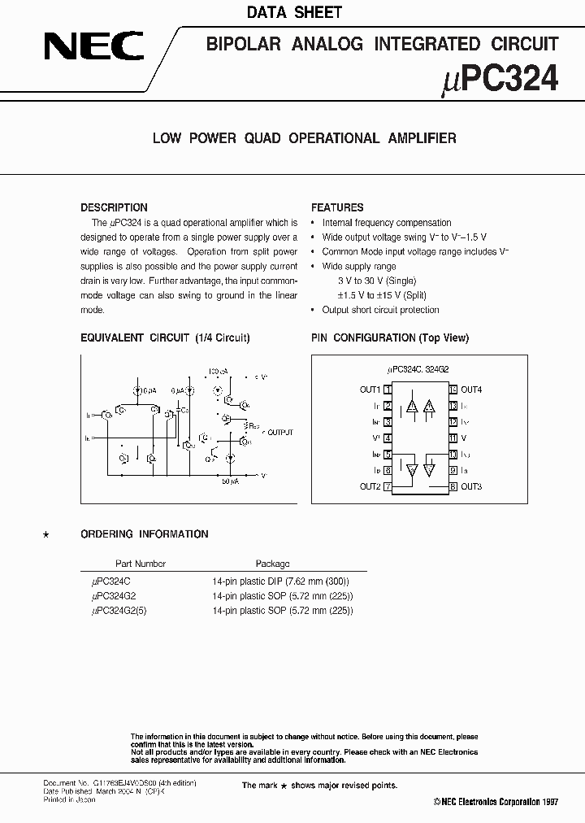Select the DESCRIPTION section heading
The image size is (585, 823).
click(x=114, y=207)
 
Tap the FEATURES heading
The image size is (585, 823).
click(x=337, y=207)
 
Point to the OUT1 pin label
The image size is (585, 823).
click(x=370, y=390)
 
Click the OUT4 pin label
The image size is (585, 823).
click(x=471, y=390)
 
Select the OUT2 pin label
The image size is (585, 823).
click(x=370, y=486)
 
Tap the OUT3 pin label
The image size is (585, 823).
click(x=471, y=486)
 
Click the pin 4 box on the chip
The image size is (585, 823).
click(x=388, y=438)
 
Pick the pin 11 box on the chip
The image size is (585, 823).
click(x=453, y=438)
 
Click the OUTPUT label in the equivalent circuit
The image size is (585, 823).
click(x=279, y=433)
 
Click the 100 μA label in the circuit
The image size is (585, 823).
click(x=217, y=370)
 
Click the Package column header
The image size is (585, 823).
click(x=272, y=564)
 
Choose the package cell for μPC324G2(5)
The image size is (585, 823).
click(x=282, y=611)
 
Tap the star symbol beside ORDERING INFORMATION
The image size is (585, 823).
click(x=45, y=534)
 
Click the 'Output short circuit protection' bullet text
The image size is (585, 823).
click(x=380, y=310)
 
